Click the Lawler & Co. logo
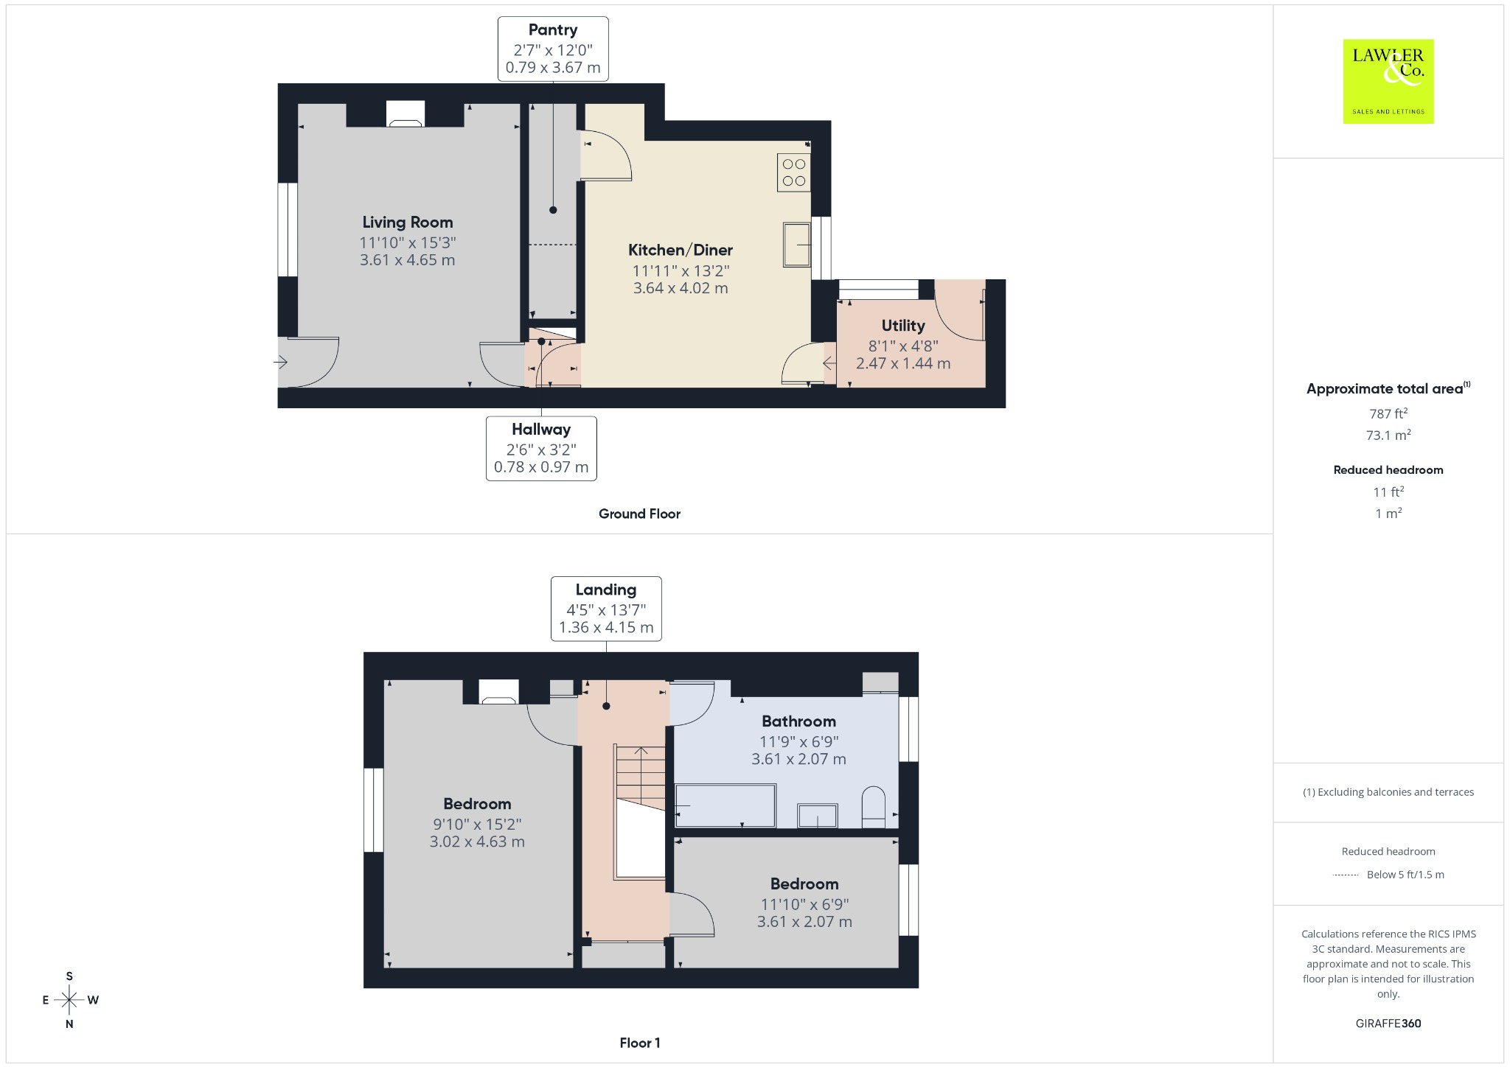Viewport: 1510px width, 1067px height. coord(1388,81)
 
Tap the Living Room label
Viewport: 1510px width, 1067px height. coord(408,223)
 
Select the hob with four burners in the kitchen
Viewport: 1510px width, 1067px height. coord(794,172)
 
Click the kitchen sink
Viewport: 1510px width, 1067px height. coord(797,245)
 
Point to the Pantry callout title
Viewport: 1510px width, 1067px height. coord(553,30)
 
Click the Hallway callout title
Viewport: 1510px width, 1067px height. coord(541,430)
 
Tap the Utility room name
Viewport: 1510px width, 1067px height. coord(903,326)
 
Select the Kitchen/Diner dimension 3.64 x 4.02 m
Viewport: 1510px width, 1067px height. coord(681,288)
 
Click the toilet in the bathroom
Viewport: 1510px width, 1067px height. coord(874,808)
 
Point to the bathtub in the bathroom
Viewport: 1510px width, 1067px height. coord(726,805)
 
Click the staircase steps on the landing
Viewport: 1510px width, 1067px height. coord(641,778)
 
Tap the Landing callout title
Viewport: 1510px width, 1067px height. coord(606,590)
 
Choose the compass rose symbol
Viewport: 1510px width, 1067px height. coord(69,1000)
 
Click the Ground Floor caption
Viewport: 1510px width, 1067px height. coord(639,514)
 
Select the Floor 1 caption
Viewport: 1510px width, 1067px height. coord(640,1043)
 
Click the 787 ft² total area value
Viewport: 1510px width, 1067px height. coord(1388,414)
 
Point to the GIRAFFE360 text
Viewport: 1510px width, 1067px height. coord(1388,1024)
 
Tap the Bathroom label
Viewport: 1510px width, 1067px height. coord(799,721)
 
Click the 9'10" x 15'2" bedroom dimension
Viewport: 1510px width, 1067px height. coord(477,825)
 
